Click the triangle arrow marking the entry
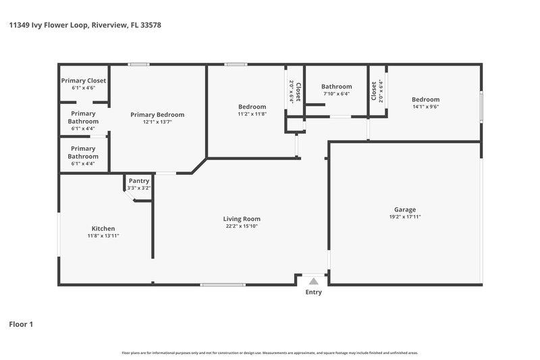(313, 281)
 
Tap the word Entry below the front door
(313, 292)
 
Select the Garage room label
(405, 209)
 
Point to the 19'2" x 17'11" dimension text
(405, 217)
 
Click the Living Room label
(242, 219)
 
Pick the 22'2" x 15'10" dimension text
(242, 226)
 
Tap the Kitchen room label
(103, 228)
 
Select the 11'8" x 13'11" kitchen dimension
(103, 236)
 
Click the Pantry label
(138, 181)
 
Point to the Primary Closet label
(84, 80)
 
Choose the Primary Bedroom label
(157, 115)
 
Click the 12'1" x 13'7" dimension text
(157, 122)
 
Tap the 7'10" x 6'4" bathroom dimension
(336, 94)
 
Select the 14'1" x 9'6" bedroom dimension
(425, 107)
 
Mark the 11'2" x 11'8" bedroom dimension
(252, 114)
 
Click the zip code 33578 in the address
(149, 25)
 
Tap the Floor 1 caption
(21, 324)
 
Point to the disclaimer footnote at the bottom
(269, 353)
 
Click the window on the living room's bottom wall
(223, 284)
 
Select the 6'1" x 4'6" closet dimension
(84, 88)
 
